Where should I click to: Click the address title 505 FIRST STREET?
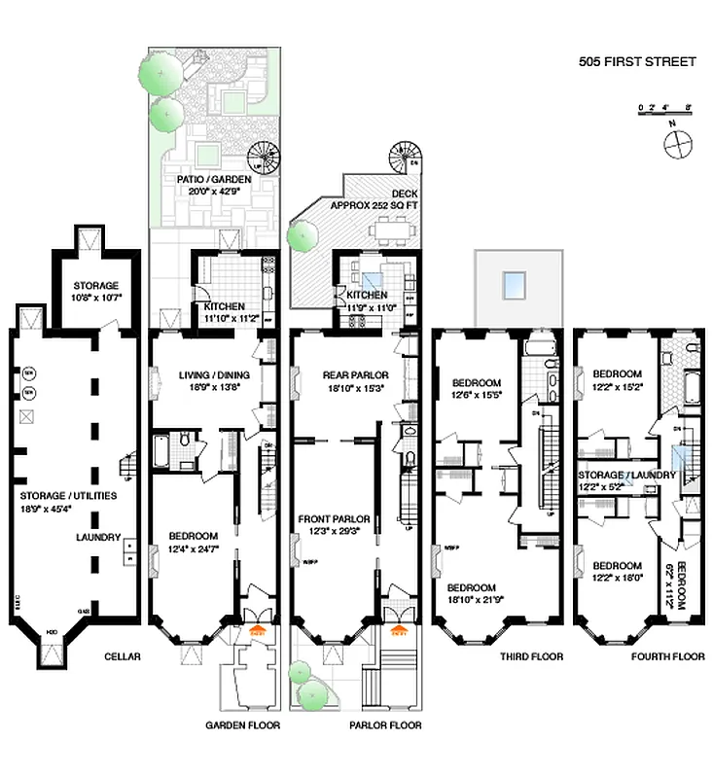637,62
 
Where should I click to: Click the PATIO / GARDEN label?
214,186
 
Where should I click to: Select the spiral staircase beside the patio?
262,157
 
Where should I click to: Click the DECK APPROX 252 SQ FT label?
373,199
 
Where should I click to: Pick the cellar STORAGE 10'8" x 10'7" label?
94,292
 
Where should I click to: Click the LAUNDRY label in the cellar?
97,538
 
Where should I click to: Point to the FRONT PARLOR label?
333,525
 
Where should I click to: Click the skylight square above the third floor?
517,284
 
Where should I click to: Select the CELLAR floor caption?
123,657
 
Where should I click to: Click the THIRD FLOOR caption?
531,657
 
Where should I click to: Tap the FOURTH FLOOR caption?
667,657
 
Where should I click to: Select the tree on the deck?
304,235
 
